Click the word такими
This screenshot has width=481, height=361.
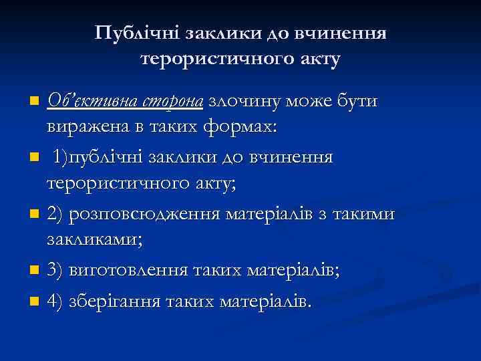367,214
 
